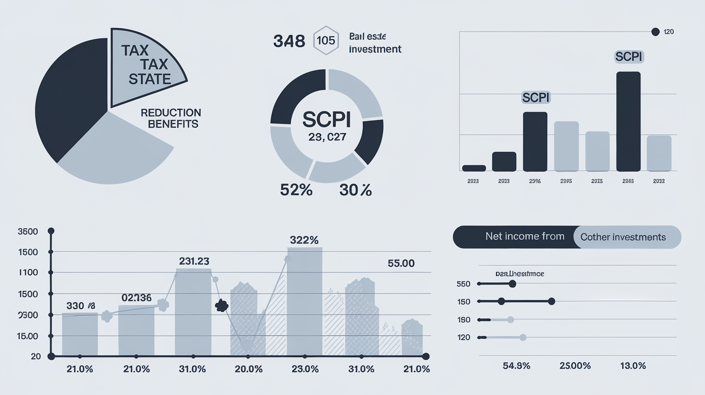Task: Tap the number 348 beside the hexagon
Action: pos(289,41)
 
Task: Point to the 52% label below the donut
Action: pos(296,189)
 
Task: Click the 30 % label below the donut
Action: pos(355,189)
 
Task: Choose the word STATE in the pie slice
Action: pos(150,79)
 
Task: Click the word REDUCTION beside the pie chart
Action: pos(171,113)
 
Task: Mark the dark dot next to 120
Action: pos(655,32)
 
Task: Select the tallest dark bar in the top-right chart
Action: pos(628,121)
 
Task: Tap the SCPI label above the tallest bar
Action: pos(628,56)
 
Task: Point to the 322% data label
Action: pos(304,240)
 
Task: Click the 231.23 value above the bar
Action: pos(194,261)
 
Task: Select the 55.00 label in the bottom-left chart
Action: pos(401,264)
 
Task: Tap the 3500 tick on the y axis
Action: pos(27,232)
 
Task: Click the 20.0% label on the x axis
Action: pos(249,369)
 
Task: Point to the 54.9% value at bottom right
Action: pos(516,365)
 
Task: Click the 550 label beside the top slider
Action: pos(463,284)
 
